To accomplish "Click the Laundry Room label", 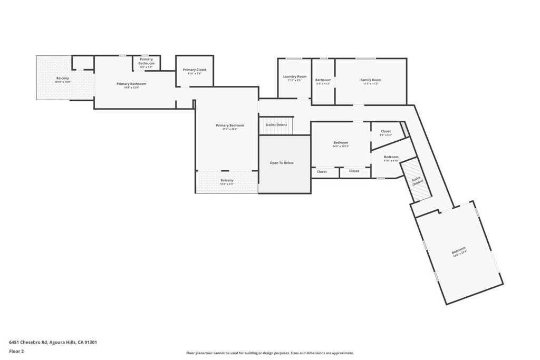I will point(294,76).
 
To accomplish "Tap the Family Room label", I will point(370,80).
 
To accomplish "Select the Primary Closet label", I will point(195,70).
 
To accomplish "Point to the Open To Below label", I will point(282,163).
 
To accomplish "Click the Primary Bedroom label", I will point(230,125).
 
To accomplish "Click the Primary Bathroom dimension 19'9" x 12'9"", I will point(131,87).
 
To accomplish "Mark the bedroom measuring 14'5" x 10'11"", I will point(341,144).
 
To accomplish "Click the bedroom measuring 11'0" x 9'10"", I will point(391,159).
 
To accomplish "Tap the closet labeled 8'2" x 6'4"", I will point(385,133).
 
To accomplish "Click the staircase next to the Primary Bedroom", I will point(275,125).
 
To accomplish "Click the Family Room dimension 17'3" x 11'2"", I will point(370,84).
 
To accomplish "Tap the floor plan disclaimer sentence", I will point(270,353).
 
